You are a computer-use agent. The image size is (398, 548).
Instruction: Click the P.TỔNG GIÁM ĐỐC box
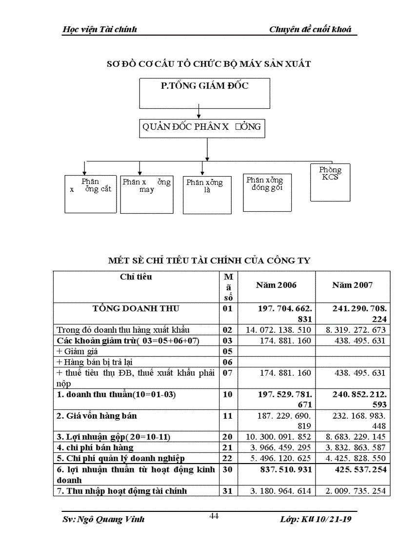point(205,93)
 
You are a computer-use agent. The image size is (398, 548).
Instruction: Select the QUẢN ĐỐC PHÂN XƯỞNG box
point(201,128)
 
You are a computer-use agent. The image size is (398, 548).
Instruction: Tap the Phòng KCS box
point(330,182)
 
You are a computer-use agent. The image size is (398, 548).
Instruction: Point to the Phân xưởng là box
point(207,194)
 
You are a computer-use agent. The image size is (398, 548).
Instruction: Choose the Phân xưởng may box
point(146,194)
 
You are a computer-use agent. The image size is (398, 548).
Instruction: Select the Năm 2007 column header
point(352,285)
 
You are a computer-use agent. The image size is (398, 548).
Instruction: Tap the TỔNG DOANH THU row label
point(136,308)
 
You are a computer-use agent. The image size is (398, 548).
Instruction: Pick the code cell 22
point(227,458)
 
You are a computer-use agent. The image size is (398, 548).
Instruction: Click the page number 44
point(214,517)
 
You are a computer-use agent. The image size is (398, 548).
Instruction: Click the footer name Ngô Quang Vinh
point(104,519)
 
